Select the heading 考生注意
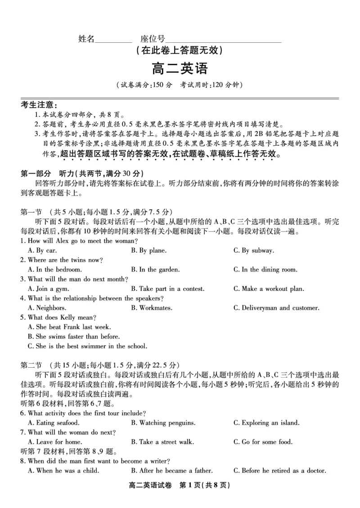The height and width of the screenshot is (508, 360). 39,105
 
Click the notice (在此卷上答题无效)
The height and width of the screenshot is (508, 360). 180,51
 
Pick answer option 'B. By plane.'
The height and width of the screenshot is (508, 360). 148,250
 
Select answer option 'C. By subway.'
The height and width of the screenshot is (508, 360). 253,250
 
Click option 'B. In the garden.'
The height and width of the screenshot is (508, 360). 155,270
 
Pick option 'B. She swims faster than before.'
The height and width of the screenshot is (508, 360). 74,336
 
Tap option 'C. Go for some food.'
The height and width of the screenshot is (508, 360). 263,442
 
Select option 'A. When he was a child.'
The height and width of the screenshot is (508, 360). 63,471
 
